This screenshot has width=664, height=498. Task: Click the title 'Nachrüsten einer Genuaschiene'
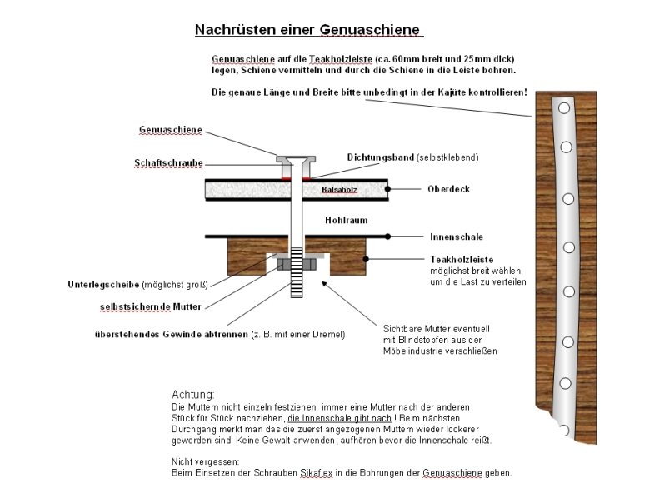(x=308, y=30)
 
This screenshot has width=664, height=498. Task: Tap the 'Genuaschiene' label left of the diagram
(x=170, y=131)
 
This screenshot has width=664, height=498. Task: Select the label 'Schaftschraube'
(x=168, y=163)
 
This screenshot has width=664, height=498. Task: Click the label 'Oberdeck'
(x=449, y=189)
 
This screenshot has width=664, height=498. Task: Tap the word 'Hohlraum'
(x=346, y=221)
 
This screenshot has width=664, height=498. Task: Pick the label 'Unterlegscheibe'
(x=103, y=284)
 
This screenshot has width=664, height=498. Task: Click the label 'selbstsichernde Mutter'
(x=155, y=306)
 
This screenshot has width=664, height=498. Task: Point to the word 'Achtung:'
(x=193, y=394)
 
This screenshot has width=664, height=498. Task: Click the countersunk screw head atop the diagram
(x=297, y=158)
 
